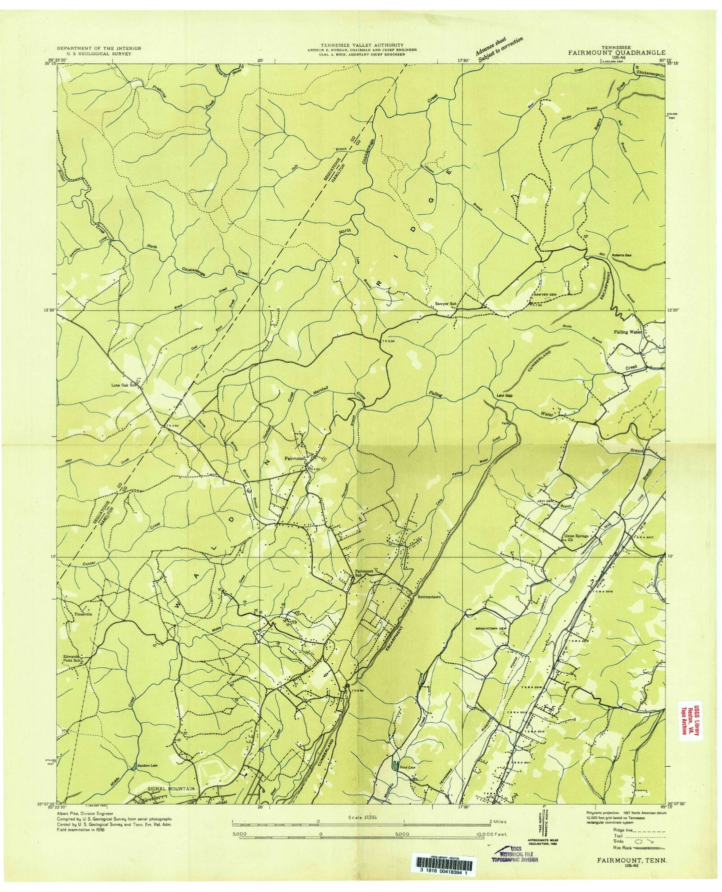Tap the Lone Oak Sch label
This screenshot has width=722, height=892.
[124, 385]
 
